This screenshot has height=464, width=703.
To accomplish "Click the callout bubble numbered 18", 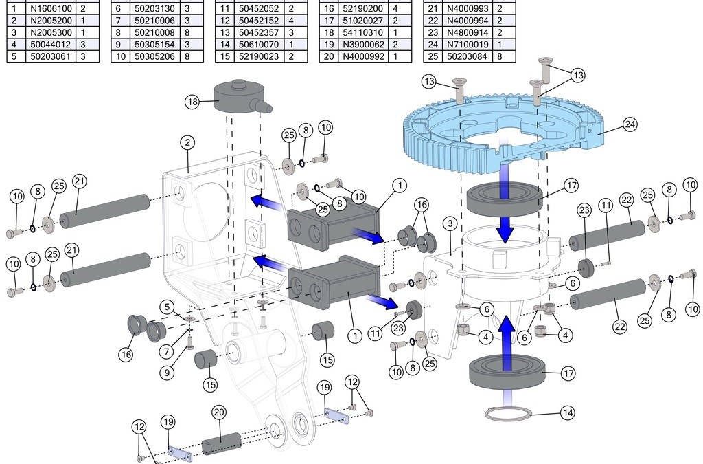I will point(193,102).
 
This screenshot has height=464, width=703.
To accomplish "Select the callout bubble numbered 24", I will point(630,124).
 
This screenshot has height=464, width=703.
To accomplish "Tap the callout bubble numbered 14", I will point(567,413).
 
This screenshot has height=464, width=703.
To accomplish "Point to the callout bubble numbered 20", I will point(219,412).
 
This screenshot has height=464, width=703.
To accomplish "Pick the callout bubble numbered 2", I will point(187,143).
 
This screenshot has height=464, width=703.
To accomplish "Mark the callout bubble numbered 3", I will point(450,223).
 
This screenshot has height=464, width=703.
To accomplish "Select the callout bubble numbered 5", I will point(167,306).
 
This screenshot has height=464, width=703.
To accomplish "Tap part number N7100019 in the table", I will point(468,45).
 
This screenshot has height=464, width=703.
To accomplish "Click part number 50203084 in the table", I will point(468,56).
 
